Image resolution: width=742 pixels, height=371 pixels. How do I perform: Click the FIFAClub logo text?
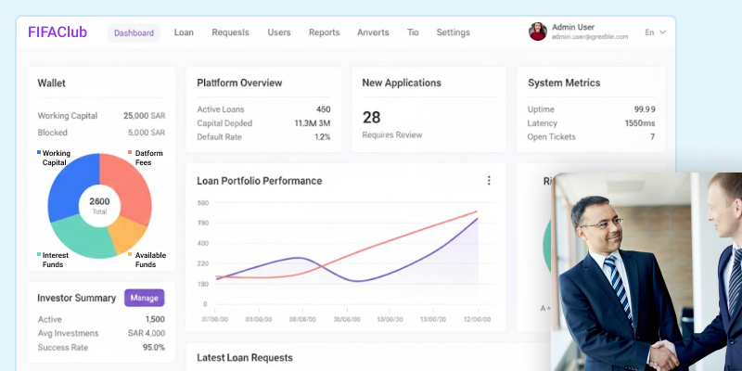pyautogui.click(x=58, y=32)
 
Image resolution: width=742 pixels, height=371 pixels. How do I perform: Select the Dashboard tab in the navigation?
pyautogui.click(x=134, y=32)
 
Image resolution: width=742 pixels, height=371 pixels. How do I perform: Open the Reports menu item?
pyautogui.click(x=324, y=32)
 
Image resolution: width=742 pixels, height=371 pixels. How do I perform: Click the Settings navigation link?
pyautogui.click(x=453, y=32)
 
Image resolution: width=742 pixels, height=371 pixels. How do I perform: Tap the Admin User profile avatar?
pyautogui.click(x=537, y=32)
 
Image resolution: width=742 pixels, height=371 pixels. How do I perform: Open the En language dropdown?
pyautogui.click(x=655, y=32)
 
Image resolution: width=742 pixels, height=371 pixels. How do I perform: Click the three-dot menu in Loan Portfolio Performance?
pyautogui.click(x=489, y=180)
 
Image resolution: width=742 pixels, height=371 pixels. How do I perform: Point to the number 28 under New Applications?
pyautogui.click(x=371, y=117)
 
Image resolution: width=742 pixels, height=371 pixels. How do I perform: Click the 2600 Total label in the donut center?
pyautogui.click(x=99, y=206)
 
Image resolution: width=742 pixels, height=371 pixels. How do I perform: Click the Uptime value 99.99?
pyautogui.click(x=644, y=109)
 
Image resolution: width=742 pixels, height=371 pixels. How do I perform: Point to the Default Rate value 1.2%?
pyautogui.click(x=322, y=136)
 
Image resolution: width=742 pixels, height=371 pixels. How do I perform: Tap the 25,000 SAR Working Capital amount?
pyautogui.click(x=144, y=116)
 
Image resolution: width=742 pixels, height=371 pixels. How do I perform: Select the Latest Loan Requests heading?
pyautogui.click(x=245, y=357)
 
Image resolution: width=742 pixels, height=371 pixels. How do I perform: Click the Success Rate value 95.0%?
pyautogui.click(x=152, y=347)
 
